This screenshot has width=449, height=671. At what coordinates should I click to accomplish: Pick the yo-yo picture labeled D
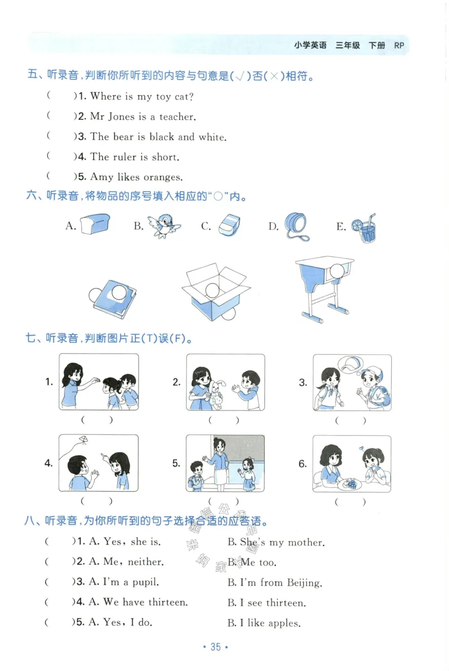[296, 225]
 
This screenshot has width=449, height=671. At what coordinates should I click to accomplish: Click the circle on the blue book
[120, 292]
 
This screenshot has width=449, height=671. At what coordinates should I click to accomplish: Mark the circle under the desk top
[337, 271]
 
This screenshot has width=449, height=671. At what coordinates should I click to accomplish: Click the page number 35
[216, 647]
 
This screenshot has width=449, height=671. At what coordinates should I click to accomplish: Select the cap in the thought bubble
[351, 365]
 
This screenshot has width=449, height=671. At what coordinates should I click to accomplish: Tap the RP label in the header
[399, 45]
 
